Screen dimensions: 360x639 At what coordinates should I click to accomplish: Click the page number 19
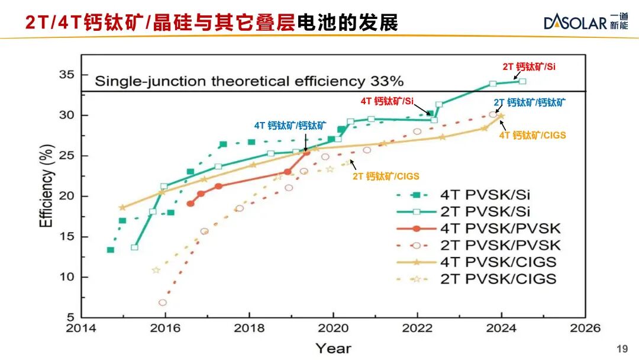(621, 349)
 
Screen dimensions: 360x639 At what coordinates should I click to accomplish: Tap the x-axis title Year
(333, 348)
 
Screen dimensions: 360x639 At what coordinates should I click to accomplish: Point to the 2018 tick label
(248, 328)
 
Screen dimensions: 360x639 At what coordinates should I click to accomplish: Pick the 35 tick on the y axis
(67, 75)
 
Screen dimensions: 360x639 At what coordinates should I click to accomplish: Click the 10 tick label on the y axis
(67, 277)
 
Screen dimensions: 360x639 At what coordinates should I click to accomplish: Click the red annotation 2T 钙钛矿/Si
(529, 67)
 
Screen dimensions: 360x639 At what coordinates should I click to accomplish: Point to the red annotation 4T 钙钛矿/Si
(387, 101)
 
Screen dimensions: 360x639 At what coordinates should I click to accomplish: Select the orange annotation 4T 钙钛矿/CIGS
(532, 135)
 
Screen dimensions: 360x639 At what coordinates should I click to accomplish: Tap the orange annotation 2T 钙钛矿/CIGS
(386, 176)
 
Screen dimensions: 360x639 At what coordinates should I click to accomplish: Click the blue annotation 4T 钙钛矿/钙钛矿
(290, 125)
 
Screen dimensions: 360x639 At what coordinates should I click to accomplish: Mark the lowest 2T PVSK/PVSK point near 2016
(163, 303)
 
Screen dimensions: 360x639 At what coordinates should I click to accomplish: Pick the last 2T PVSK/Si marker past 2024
(522, 81)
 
